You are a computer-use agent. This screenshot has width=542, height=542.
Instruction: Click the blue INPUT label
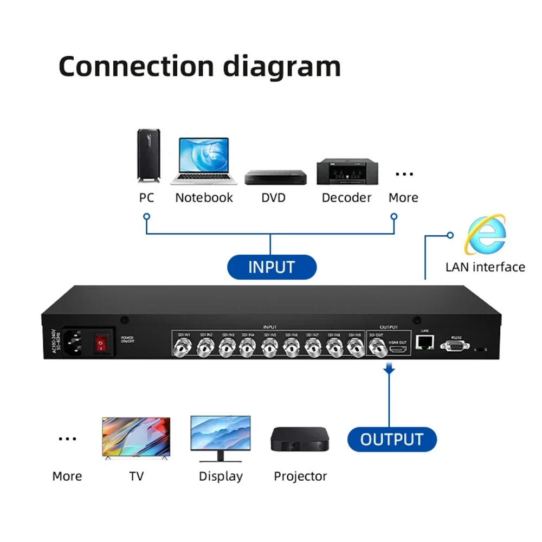271,267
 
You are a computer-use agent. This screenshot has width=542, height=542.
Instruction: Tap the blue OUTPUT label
391,439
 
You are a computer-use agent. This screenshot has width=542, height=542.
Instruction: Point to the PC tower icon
148,157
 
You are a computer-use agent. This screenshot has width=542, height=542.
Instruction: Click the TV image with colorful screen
136,438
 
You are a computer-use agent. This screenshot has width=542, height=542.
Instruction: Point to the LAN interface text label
485,267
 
